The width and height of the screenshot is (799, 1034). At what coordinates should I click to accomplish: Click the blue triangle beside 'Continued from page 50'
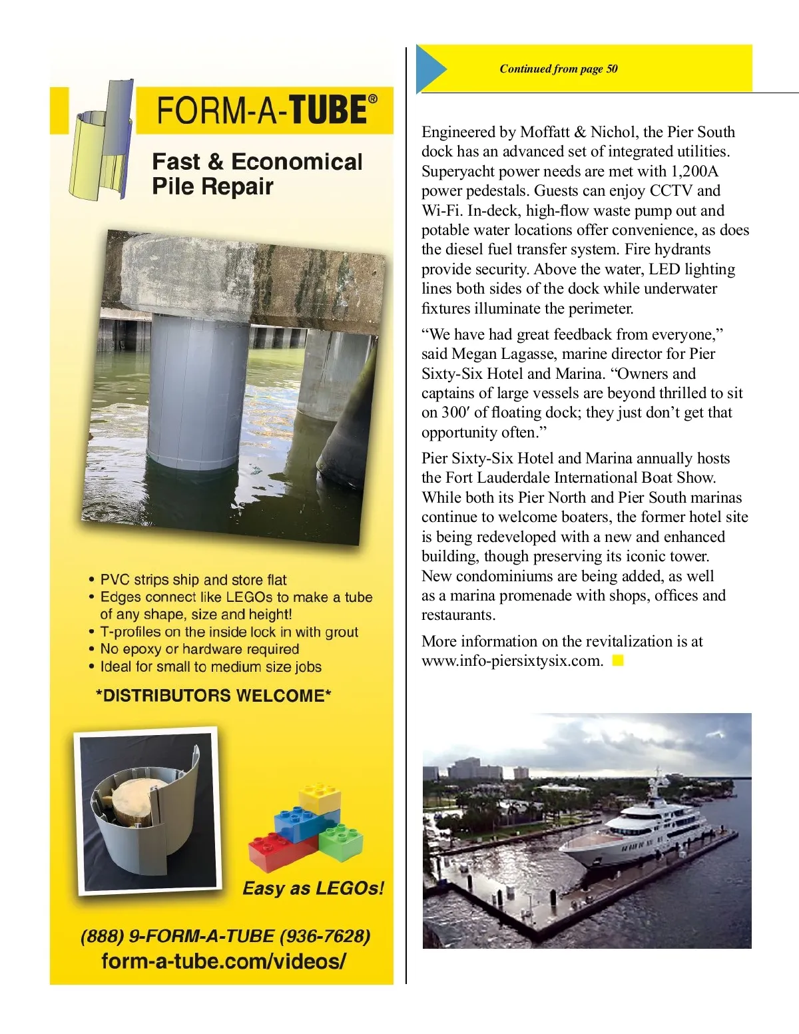click(431, 68)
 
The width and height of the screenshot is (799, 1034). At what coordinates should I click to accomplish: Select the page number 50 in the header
click(612, 69)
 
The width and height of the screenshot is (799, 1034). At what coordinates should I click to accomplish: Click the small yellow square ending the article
click(618, 660)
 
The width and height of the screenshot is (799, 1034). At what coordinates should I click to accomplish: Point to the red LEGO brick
click(280, 851)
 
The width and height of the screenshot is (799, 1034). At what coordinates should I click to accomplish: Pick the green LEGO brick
click(340, 842)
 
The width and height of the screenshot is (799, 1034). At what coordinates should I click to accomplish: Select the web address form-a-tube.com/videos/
click(224, 961)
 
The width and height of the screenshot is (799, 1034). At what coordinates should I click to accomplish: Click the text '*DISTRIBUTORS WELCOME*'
click(214, 696)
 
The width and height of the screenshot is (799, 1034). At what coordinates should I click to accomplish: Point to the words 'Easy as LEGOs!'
click(313, 888)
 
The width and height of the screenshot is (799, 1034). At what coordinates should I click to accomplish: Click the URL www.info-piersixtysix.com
click(512, 661)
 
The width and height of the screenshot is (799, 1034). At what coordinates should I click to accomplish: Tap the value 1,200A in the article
click(694, 171)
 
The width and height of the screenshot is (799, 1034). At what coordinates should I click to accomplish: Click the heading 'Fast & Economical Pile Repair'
click(257, 173)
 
